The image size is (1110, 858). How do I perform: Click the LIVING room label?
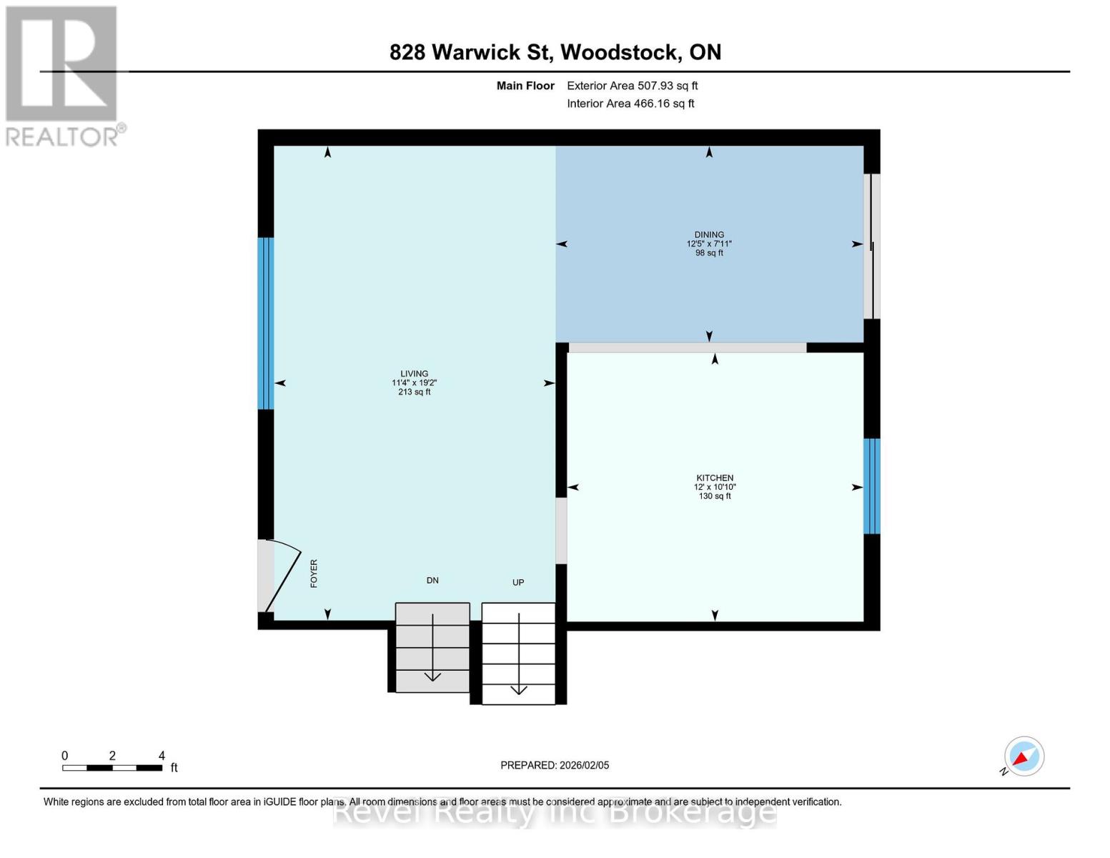click(414, 373)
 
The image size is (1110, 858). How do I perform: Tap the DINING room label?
click(709, 235)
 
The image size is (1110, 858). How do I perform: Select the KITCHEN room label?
click(715, 478)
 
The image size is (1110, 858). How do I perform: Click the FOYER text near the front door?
click(314, 573)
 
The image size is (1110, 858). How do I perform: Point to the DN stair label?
click(432, 580)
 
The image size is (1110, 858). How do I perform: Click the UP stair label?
click(518, 582)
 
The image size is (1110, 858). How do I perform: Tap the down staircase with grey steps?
click(432, 648)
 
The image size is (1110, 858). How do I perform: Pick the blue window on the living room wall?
click(265, 323)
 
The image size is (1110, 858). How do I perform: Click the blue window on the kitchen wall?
click(871, 486)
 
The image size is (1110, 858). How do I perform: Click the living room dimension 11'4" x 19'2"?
click(414, 383)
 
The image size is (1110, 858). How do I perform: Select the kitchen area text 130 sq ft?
click(715, 496)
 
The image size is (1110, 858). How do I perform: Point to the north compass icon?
click(1024, 756)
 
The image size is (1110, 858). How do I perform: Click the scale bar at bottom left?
click(112, 768)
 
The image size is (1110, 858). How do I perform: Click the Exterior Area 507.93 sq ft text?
click(632, 86)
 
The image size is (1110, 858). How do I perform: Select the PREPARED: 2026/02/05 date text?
click(555, 765)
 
